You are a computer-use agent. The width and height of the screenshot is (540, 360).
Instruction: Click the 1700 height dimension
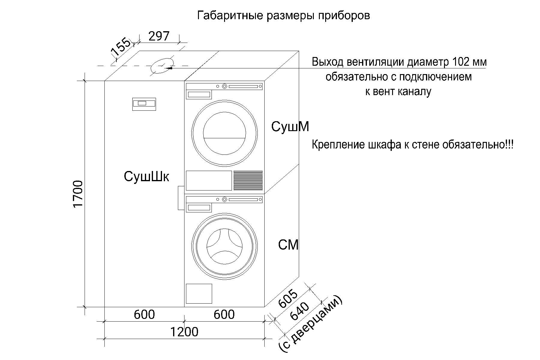pyautogui.click(x=78, y=194)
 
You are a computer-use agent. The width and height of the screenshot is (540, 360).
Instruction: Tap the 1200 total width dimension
pyautogui.click(x=184, y=332)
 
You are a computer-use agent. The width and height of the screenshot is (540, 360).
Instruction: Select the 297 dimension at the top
pyautogui.click(x=159, y=36)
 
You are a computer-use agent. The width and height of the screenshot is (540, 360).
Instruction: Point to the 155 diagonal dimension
pyautogui.click(x=121, y=47)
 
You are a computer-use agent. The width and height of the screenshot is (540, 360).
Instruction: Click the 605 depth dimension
pyautogui.click(x=288, y=299)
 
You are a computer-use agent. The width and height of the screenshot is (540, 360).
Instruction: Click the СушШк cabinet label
pyautogui.click(x=146, y=176)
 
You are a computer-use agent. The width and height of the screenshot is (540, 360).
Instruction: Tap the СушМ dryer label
pyautogui.click(x=290, y=127)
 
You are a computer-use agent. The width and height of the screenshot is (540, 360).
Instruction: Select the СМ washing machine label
pyautogui.click(x=288, y=245)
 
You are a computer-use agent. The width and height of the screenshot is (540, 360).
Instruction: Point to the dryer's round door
pyautogui.click(x=224, y=133)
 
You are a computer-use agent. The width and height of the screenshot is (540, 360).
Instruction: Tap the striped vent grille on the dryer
pyautogui.click(x=248, y=180)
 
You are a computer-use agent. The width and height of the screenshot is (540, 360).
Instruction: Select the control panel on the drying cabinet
pyautogui.click(x=144, y=104)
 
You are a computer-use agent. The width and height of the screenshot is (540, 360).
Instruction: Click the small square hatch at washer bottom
pyautogui.click(x=199, y=294)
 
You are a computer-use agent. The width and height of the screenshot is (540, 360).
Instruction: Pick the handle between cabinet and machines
pyautogui.click(x=181, y=198)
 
